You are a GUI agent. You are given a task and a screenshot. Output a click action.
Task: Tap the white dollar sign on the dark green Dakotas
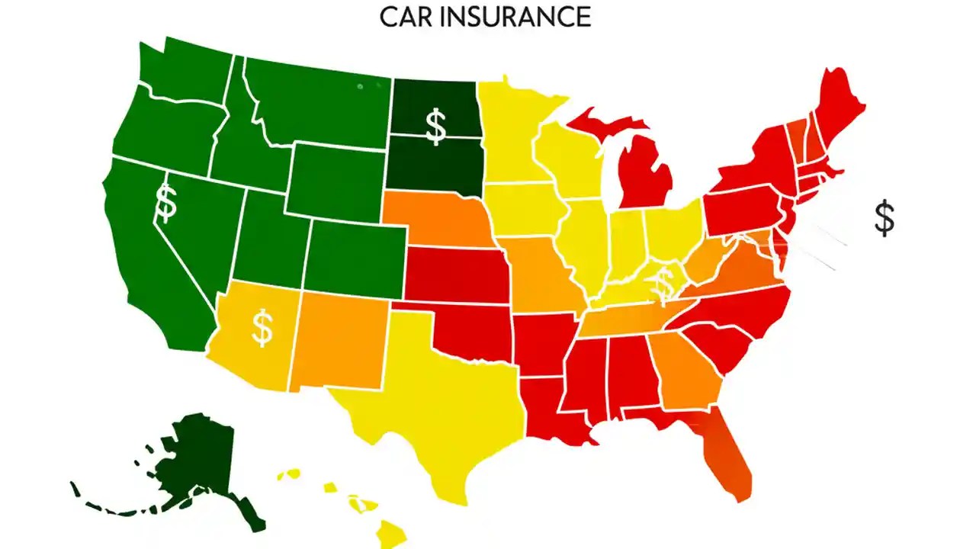pos(435,127)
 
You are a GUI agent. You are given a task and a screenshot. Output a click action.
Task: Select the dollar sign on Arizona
pos(262,328)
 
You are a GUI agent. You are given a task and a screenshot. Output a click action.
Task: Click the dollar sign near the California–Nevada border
pos(165,202)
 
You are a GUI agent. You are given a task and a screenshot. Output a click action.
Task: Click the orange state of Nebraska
pos(442,221)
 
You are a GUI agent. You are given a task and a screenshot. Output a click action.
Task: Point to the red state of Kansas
pos(457,274)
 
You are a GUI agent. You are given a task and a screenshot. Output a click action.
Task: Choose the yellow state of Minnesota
pos(518,137)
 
